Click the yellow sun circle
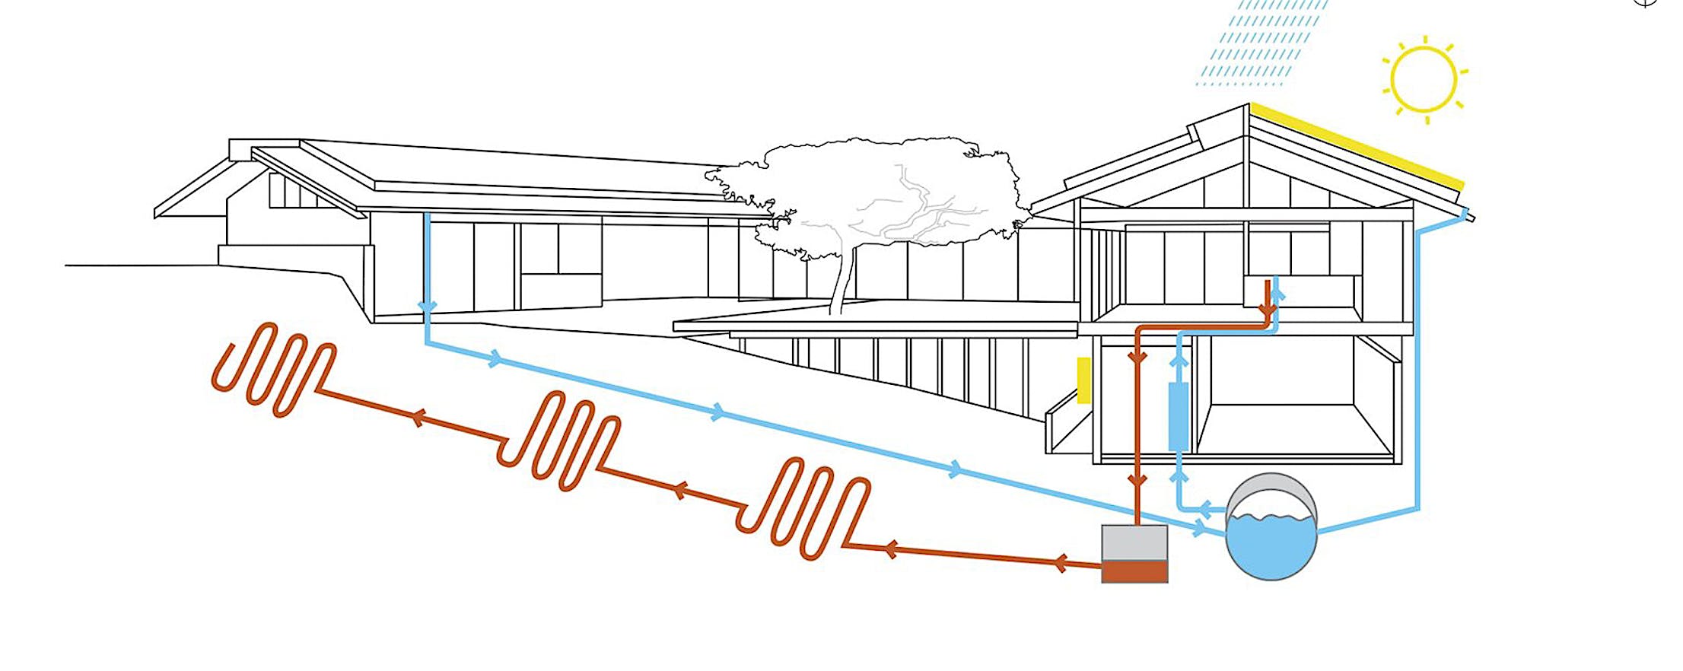[x=1423, y=79]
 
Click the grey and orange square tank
[x=1134, y=553]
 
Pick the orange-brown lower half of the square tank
[x=1134, y=571]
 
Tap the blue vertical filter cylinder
[x=1178, y=417]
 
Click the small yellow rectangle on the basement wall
[x=1083, y=380]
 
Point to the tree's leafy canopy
[x=867, y=190]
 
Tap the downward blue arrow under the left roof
[x=428, y=307]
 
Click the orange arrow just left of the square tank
[x=1061, y=563]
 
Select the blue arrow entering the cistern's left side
[x=1200, y=527]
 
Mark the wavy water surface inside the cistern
[x=1271, y=520]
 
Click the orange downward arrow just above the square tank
[x=1137, y=481]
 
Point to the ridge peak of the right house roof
[x=1248, y=107]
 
